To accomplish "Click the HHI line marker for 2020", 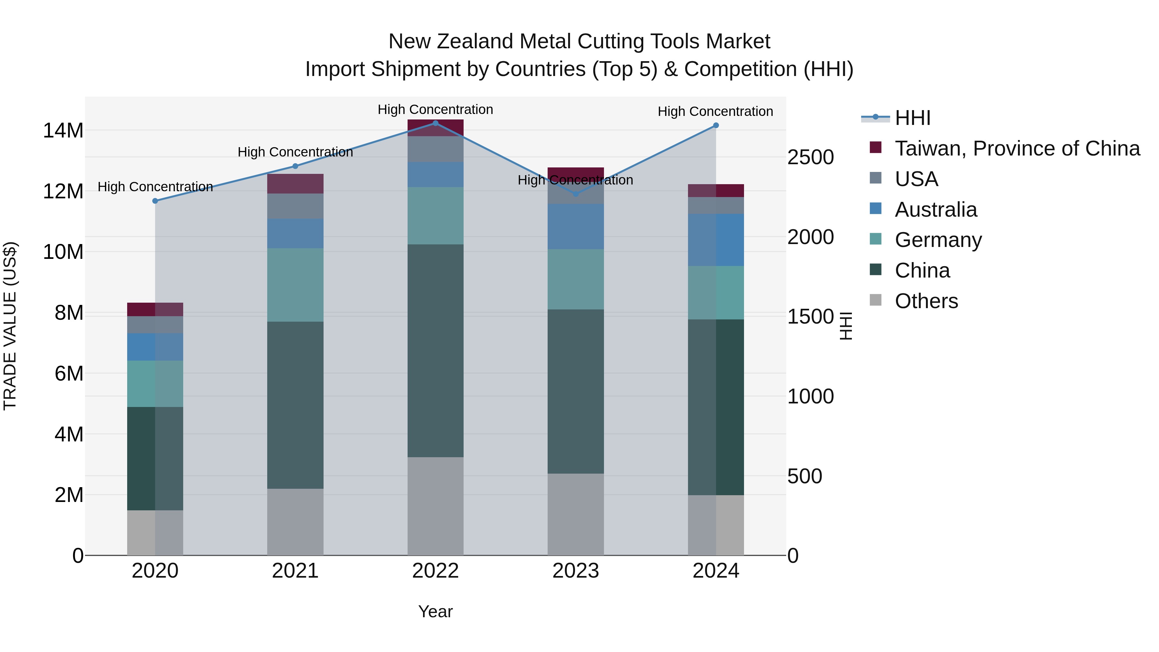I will (155, 201).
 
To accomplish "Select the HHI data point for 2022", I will (436, 123).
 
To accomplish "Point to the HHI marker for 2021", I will (295, 166).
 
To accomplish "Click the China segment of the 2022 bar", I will (436, 351).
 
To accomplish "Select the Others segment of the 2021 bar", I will (295, 522).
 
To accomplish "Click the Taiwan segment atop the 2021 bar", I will (295, 184).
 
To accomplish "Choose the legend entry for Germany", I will (938, 240).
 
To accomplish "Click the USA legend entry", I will (916, 179).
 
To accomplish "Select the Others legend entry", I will (926, 301).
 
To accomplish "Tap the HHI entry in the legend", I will (912, 118).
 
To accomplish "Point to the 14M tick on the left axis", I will (63, 130).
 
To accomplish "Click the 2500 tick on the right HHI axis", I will (810, 157).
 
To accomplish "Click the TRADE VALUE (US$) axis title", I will (10, 326).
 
